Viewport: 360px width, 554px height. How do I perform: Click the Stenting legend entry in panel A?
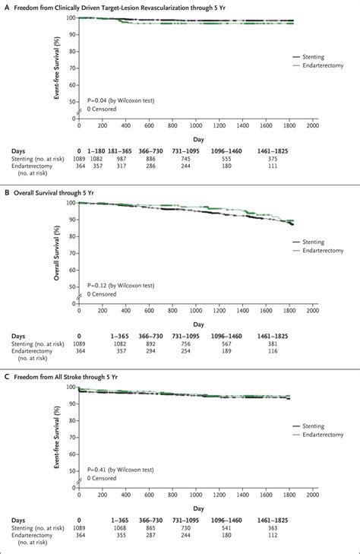(x=313, y=56)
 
